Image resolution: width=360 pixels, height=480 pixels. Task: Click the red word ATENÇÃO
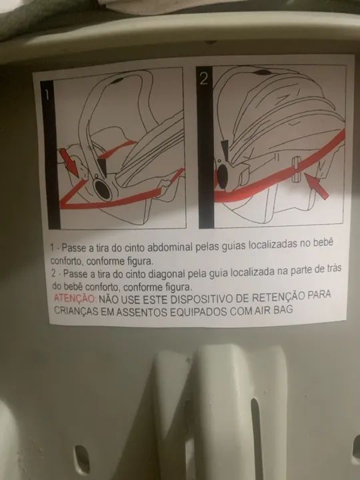(x=75, y=297)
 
